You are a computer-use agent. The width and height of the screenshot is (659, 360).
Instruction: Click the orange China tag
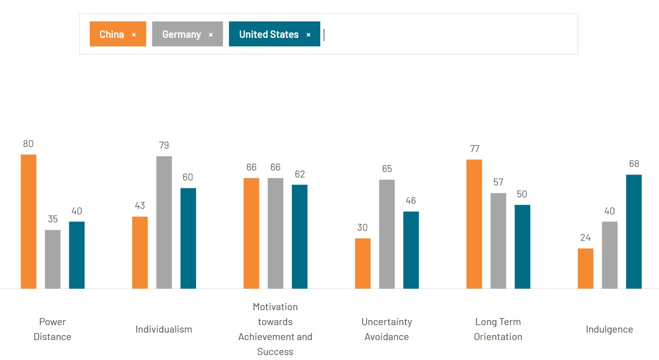click(x=112, y=34)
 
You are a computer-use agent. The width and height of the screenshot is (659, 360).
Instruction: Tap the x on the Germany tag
click(x=211, y=35)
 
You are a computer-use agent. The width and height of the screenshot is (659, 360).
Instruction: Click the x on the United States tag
click(x=308, y=35)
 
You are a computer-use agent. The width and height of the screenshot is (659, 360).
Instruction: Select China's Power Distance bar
click(x=28, y=221)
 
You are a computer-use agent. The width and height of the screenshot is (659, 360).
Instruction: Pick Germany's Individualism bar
click(x=164, y=222)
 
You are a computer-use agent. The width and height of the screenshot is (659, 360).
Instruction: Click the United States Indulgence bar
click(x=634, y=231)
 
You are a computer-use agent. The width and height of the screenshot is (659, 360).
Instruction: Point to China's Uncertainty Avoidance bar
click(x=363, y=263)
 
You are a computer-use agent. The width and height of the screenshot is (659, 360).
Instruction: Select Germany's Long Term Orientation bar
click(x=498, y=241)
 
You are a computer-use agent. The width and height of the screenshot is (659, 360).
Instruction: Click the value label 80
click(x=28, y=144)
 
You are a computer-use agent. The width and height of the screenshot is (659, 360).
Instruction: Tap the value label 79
click(x=164, y=146)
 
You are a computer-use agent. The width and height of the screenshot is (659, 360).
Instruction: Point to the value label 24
click(x=585, y=238)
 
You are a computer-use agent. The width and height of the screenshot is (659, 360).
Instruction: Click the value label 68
click(x=634, y=164)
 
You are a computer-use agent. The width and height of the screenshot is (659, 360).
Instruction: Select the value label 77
click(x=474, y=149)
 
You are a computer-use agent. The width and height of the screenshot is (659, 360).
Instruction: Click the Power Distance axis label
click(x=52, y=329)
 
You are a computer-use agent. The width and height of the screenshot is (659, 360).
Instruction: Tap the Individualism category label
click(x=164, y=329)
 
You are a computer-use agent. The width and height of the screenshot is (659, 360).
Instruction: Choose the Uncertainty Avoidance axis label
click(x=387, y=329)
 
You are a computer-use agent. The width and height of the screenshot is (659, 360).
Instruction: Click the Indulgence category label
click(x=609, y=329)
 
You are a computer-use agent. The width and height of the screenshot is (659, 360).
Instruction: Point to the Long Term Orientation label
click(x=498, y=329)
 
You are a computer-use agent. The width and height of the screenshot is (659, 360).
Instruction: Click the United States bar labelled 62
click(x=299, y=236)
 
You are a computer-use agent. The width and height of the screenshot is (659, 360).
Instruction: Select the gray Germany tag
click(x=182, y=34)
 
